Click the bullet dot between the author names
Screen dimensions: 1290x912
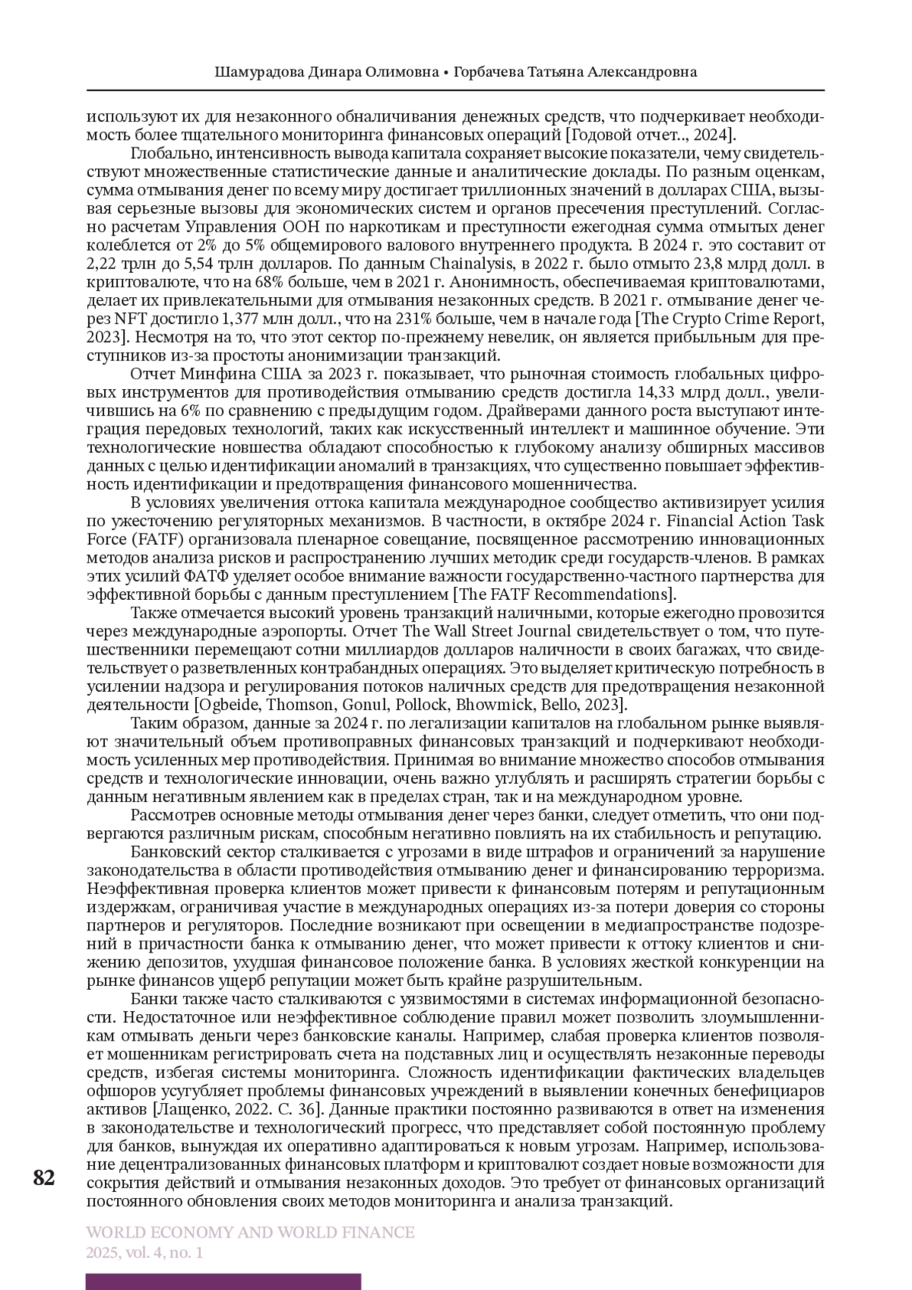[446, 73]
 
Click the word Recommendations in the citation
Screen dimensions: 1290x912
[612, 594]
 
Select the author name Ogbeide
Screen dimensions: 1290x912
[236, 705]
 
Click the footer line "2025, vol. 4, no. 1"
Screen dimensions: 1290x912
[144, 1252]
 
